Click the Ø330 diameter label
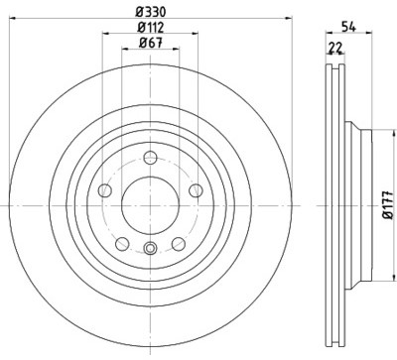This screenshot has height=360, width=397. [151, 13]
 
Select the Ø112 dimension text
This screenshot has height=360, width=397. [151, 28]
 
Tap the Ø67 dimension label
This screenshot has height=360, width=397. [151, 43]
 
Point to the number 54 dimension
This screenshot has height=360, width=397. [348, 27]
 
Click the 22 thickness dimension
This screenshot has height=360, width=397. [335, 49]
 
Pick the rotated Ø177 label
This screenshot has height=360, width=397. [389, 205]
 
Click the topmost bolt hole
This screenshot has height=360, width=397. [151, 157]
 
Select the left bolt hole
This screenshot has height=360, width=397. [105, 190]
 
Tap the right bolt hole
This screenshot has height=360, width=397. [196, 190]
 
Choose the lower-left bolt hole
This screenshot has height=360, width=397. [122, 244]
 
